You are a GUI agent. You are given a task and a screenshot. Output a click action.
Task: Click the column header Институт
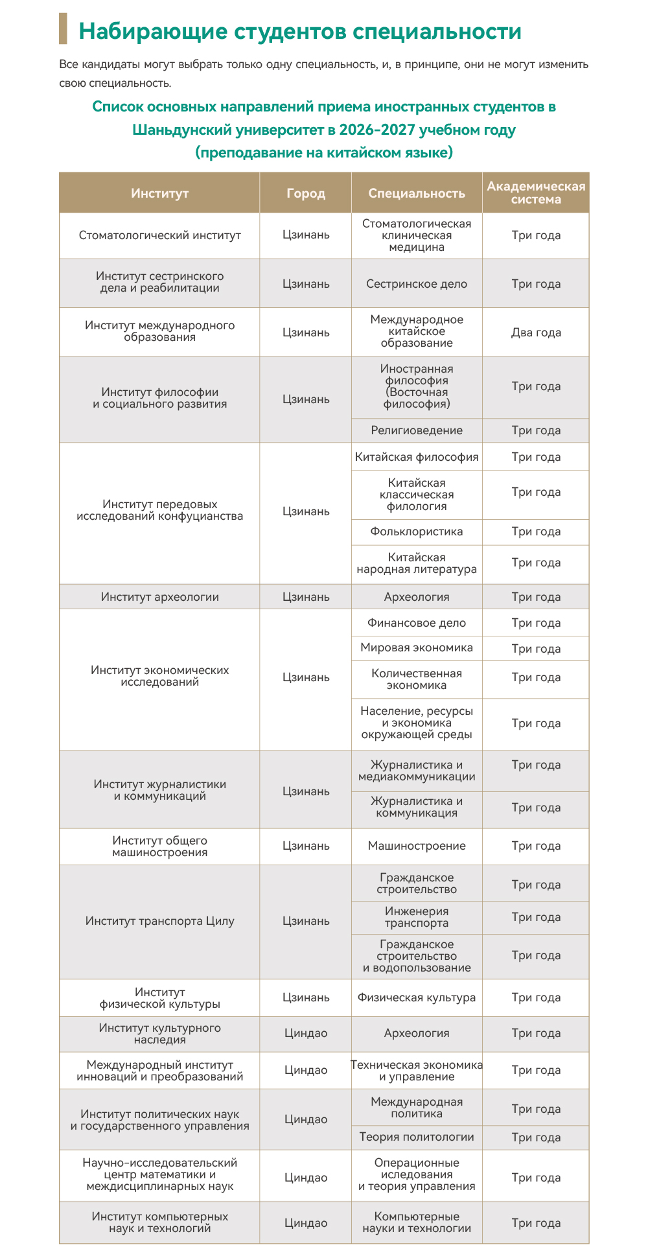coord(159,193)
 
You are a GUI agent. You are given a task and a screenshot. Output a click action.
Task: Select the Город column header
coord(306,193)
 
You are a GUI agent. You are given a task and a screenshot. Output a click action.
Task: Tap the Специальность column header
coord(417,193)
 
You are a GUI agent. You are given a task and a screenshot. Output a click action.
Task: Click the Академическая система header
coord(536,193)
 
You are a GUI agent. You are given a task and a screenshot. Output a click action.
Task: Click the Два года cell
coord(536,332)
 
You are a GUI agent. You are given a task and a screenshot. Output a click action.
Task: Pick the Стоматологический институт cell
coord(159,235)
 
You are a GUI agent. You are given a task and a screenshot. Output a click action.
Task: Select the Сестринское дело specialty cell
coord(417,284)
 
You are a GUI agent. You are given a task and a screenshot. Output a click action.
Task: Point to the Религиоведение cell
coord(417,430)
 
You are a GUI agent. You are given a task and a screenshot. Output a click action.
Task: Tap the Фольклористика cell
coord(417,531)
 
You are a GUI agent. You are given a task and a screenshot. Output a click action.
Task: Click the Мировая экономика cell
coord(417,647)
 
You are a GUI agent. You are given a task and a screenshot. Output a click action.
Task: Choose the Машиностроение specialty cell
coord(417,846)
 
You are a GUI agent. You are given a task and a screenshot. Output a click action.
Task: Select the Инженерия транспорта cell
coord(417,917)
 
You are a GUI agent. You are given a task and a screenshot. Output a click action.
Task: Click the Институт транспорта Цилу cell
coord(159,921)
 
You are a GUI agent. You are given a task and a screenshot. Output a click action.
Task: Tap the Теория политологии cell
coord(417,1137)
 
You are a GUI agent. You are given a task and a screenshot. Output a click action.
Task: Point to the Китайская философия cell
coord(417,457)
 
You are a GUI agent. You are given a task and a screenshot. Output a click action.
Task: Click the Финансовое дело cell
coord(417,623)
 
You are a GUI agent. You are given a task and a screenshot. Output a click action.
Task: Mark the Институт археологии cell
coord(159,597)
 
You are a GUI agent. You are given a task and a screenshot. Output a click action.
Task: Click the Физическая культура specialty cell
coord(417,997)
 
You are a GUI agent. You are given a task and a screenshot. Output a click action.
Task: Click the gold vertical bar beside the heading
coord(63,29)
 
